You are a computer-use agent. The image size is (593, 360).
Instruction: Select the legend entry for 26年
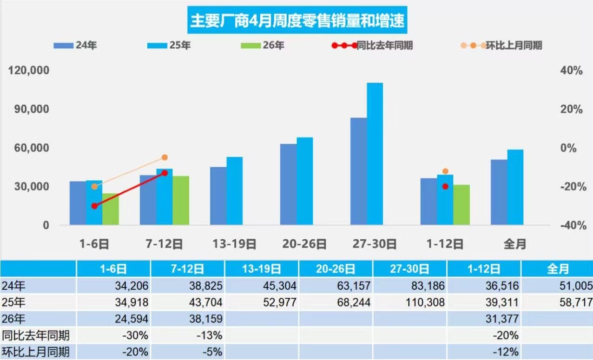pos(263,46)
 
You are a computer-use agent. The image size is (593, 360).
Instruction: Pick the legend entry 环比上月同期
pos(501,46)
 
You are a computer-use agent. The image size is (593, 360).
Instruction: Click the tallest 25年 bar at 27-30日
pos(375,153)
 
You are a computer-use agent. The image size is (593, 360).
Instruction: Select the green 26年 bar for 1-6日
pos(111,209)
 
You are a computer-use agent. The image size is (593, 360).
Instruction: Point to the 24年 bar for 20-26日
pos(288,184)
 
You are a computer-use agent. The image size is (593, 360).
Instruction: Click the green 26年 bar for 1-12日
pos(461,205)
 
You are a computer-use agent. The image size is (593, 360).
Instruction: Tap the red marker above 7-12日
pos(165,173)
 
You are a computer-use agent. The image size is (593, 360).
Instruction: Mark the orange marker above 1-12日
pos(445,171)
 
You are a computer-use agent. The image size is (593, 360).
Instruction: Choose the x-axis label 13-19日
pos(234,244)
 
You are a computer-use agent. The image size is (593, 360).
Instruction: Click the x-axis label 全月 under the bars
pos(515,244)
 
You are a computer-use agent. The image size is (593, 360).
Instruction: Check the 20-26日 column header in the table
pos(336,269)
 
